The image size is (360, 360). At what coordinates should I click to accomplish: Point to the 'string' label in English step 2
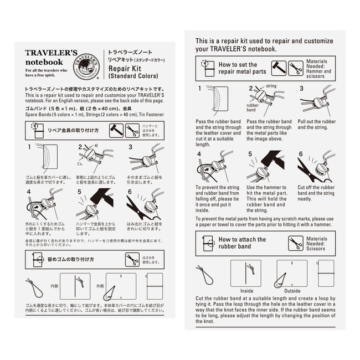271,87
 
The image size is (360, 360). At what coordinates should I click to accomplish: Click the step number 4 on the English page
198,153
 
